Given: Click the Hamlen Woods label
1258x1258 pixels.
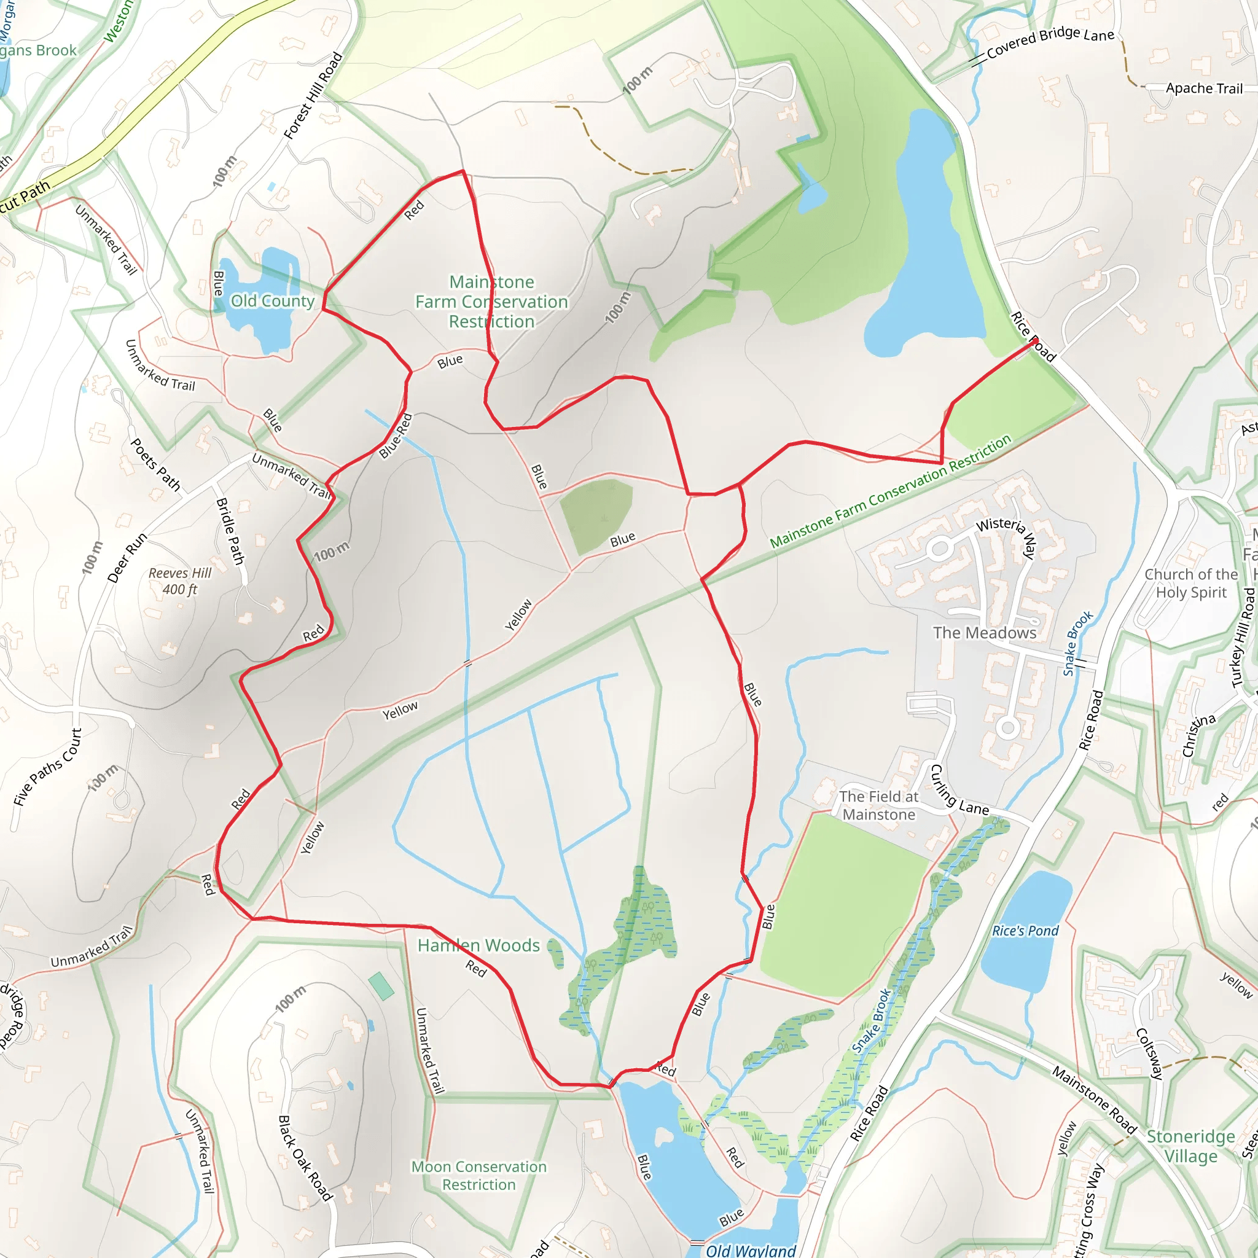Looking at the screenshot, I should click(x=479, y=945).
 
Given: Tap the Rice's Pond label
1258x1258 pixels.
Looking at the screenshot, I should click(x=1025, y=931).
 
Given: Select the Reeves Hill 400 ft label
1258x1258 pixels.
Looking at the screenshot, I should click(x=181, y=582).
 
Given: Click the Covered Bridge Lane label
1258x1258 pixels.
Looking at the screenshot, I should click(x=1050, y=42).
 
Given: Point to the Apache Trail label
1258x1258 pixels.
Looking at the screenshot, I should click(x=1204, y=88).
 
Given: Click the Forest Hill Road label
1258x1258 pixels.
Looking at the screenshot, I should click(x=313, y=96).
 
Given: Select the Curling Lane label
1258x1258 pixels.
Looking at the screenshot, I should click(x=958, y=791).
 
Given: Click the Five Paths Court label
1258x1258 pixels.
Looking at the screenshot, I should click(x=47, y=768).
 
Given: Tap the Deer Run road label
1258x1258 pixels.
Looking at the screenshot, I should click(x=127, y=558).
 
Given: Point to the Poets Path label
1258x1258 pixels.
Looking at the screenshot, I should click(x=155, y=464).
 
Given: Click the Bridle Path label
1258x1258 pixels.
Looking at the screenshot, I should click(x=230, y=531).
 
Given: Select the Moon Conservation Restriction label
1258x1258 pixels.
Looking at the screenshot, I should click(x=479, y=1175).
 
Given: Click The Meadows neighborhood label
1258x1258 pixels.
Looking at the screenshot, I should click(x=985, y=633).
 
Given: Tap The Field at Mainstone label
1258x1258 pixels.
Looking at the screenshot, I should click(x=878, y=805).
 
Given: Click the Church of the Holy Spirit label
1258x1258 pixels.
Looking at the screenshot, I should click(x=1191, y=584).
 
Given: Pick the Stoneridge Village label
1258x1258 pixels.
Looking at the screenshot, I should click(x=1191, y=1146).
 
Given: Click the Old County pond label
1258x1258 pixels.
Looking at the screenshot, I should click(x=272, y=301).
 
